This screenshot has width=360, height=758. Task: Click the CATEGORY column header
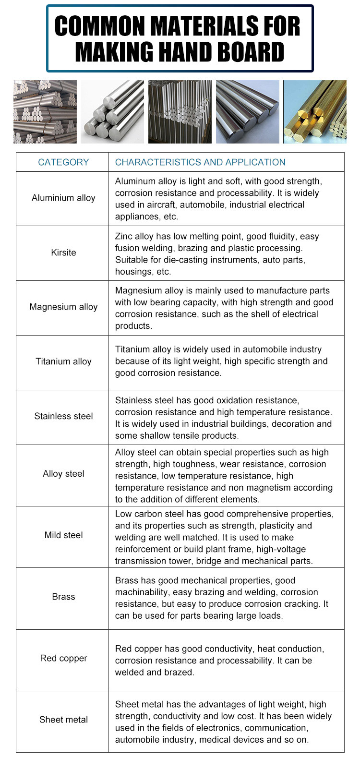(63, 162)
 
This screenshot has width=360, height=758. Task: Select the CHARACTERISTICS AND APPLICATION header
(200, 162)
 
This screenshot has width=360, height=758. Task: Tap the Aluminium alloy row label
(63, 198)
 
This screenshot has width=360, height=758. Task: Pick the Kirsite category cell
(63, 253)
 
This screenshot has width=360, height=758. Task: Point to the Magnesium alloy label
(63, 307)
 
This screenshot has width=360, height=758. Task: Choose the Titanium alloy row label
(63, 361)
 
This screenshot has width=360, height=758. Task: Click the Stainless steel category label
(63, 416)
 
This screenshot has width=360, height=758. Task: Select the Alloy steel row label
(63, 474)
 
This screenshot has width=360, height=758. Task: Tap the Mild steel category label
(63, 535)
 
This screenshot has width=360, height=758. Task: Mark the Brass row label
(63, 597)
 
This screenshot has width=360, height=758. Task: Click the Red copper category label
(63, 658)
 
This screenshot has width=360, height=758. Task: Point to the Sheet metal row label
(63, 720)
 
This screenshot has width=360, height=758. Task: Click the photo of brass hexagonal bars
(315, 112)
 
